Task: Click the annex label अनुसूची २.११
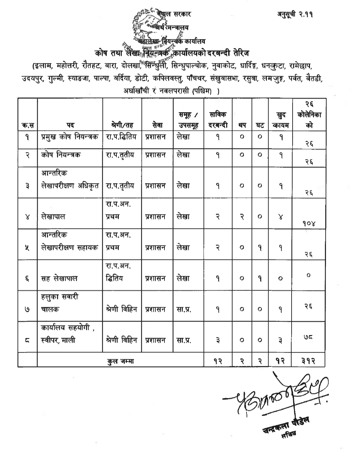(x=295, y=14)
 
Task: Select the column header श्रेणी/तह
(x=122, y=125)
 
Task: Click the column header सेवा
(x=157, y=125)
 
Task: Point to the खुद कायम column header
(x=281, y=120)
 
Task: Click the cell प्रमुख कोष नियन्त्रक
(x=70, y=137)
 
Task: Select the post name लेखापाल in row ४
(x=53, y=216)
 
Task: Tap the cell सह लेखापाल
(x=59, y=279)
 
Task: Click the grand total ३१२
(x=309, y=361)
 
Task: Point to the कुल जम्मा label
(x=120, y=361)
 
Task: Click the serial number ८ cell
(x=27, y=340)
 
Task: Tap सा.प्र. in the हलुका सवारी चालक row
(x=184, y=309)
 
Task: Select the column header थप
(x=242, y=125)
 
